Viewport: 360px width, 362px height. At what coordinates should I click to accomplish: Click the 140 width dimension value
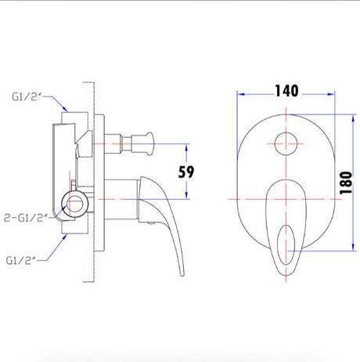tap(286, 91)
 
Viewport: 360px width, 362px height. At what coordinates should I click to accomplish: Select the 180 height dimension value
tap(346, 183)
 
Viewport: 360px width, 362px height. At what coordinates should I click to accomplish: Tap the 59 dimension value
tap(186, 172)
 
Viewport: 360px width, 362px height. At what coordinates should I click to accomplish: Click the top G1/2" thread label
tap(27, 97)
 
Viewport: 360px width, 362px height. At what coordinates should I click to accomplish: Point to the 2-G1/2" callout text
tap(26, 218)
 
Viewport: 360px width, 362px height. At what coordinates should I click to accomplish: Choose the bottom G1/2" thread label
tap(21, 260)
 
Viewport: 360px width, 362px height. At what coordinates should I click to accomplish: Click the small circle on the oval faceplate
tap(286, 143)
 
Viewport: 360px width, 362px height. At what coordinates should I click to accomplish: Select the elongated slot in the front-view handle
tap(286, 245)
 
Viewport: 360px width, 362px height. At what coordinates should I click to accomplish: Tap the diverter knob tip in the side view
tap(150, 143)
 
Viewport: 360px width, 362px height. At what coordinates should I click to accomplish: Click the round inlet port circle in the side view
tap(75, 204)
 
